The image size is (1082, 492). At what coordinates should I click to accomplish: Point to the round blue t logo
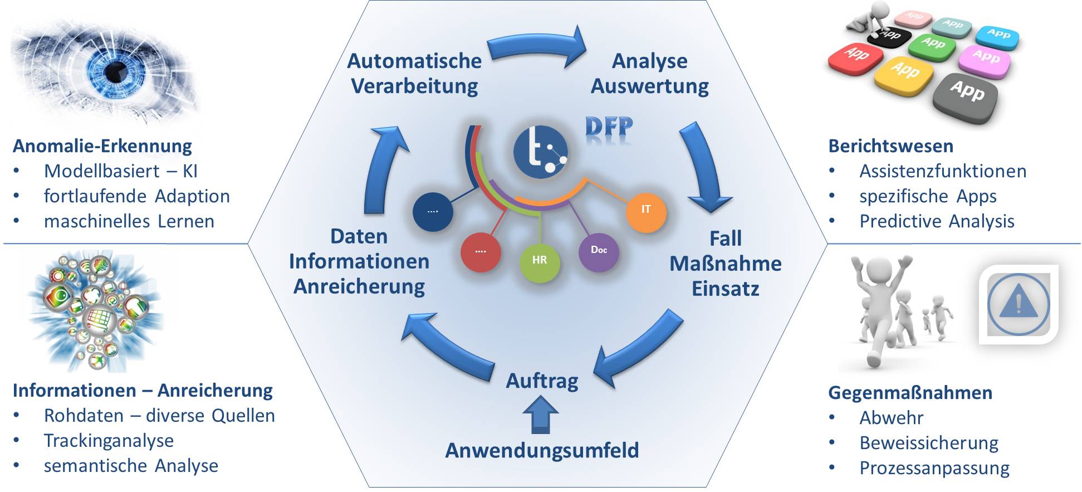(x=540, y=152)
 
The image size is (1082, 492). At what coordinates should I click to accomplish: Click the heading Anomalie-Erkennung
(x=102, y=146)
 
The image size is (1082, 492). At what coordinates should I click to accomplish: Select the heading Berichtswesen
(x=890, y=146)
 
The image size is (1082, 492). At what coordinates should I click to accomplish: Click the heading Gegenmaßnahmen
(x=910, y=393)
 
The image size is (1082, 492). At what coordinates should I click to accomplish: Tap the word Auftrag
(x=542, y=381)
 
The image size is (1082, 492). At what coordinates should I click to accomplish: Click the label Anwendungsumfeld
(x=542, y=450)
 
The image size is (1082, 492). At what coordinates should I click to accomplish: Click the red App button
(x=855, y=57)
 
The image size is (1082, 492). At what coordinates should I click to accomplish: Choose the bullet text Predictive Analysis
(x=936, y=221)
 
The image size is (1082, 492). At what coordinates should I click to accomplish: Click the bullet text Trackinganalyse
(x=109, y=441)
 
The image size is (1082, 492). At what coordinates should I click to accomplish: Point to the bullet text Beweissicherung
(x=928, y=443)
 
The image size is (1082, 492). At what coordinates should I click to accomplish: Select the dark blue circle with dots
(x=433, y=211)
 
